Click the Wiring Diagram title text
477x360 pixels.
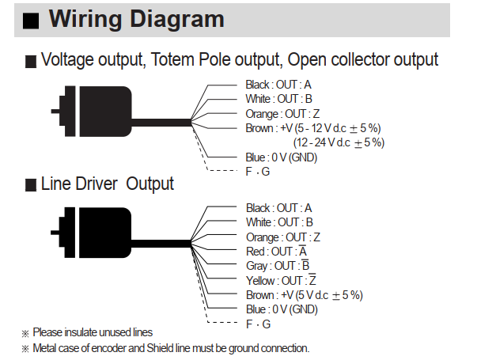[137, 19]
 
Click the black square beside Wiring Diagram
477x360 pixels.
[31, 21]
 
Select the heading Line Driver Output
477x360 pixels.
[107, 184]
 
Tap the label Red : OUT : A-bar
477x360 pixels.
[277, 252]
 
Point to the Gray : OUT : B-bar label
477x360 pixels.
[278, 266]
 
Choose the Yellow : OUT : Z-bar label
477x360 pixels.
[281, 280]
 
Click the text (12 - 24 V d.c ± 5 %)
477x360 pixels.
[339, 142]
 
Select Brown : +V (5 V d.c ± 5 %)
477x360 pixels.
[305, 295]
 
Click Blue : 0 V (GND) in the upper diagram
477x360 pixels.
[282, 157]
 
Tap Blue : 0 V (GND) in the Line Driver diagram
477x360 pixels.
[282, 309]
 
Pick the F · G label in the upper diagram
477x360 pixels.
[258, 172]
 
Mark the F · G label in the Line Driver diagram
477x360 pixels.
[258, 324]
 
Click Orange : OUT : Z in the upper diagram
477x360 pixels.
[282, 114]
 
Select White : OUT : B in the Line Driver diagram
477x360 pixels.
[279, 222]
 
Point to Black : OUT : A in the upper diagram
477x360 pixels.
[278, 85]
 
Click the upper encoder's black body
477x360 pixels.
[105, 112]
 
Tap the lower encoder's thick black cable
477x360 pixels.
[161, 244]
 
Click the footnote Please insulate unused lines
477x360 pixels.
[93, 332]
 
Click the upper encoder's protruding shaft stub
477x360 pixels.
[55, 112]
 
